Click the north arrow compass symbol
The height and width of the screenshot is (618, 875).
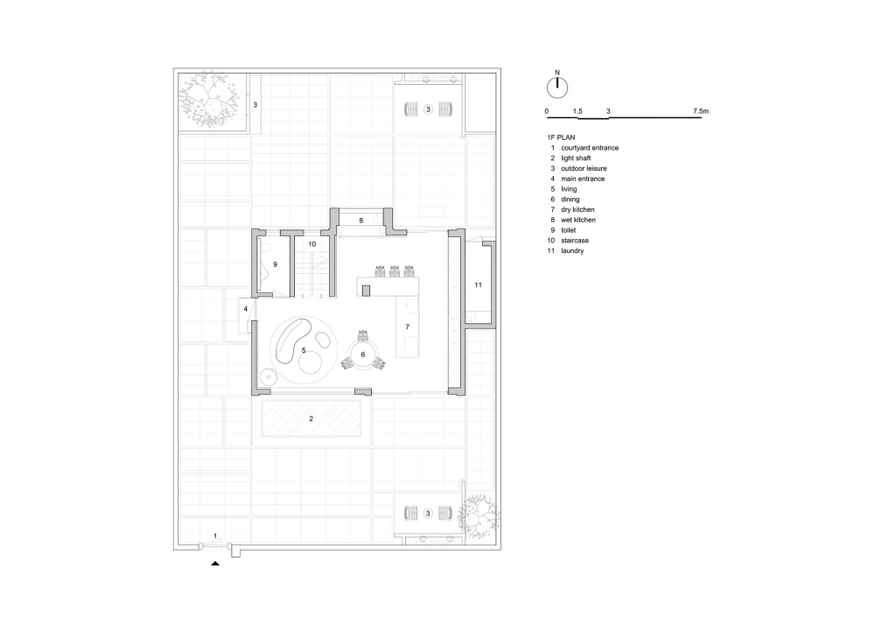click(x=556, y=87)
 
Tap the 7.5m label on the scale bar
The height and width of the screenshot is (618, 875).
click(x=700, y=111)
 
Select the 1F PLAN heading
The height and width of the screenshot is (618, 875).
click(x=561, y=137)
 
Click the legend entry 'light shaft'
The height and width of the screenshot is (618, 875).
click(x=576, y=158)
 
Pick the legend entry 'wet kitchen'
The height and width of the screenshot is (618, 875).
click(x=578, y=220)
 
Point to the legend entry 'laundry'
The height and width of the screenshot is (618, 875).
click(x=572, y=250)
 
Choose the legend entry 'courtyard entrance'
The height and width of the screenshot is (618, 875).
click(x=590, y=148)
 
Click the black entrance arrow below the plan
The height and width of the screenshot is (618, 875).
click(x=215, y=564)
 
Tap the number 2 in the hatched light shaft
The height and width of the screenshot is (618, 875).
click(x=311, y=418)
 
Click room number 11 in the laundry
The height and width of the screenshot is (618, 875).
click(x=478, y=284)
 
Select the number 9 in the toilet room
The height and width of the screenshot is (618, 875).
click(x=275, y=264)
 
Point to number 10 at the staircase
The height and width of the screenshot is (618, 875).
click(x=312, y=244)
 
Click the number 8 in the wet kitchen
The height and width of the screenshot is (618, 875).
click(x=361, y=221)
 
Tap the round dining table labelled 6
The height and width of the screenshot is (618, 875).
click(x=363, y=355)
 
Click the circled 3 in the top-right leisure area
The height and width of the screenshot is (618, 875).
click(x=428, y=109)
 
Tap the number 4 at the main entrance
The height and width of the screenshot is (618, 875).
click(x=246, y=309)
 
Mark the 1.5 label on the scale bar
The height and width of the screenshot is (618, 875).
click(x=577, y=111)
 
